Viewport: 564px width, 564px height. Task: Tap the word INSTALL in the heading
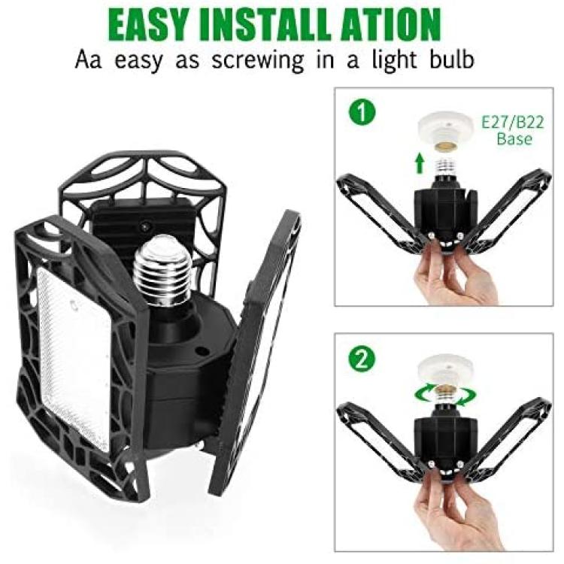point(266,25)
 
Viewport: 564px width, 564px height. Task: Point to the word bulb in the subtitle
point(452,59)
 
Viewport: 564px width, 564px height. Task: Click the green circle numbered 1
point(362,112)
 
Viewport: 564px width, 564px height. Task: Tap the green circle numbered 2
point(362,359)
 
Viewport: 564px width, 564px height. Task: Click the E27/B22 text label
point(513,123)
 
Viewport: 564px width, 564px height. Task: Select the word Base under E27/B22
point(514,138)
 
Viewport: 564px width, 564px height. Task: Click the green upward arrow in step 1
point(419,163)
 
